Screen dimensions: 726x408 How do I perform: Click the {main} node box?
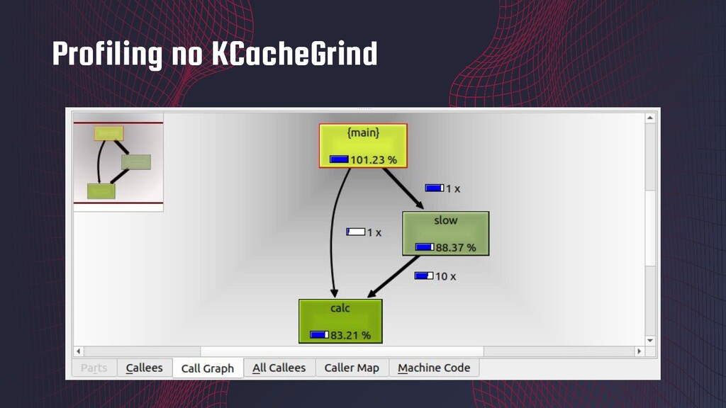(x=363, y=145)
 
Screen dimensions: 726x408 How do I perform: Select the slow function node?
(x=445, y=233)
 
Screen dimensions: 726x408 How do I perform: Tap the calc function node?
(x=340, y=321)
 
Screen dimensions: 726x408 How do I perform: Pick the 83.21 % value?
(x=350, y=335)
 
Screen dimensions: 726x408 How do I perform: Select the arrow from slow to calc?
(x=394, y=277)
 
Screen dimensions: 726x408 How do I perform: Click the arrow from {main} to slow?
(x=404, y=189)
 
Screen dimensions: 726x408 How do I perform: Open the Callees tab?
(x=144, y=368)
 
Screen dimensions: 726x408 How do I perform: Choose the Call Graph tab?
(x=207, y=368)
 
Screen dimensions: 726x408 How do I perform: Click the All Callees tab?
(x=279, y=368)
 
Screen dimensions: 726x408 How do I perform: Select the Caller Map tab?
(x=352, y=368)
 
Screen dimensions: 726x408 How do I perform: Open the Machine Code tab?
(x=434, y=368)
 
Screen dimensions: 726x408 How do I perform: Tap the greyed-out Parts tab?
(x=94, y=368)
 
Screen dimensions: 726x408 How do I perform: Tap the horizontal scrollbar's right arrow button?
(x=639, y=351)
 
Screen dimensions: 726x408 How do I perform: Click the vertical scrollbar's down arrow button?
(x=650, y=338)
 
